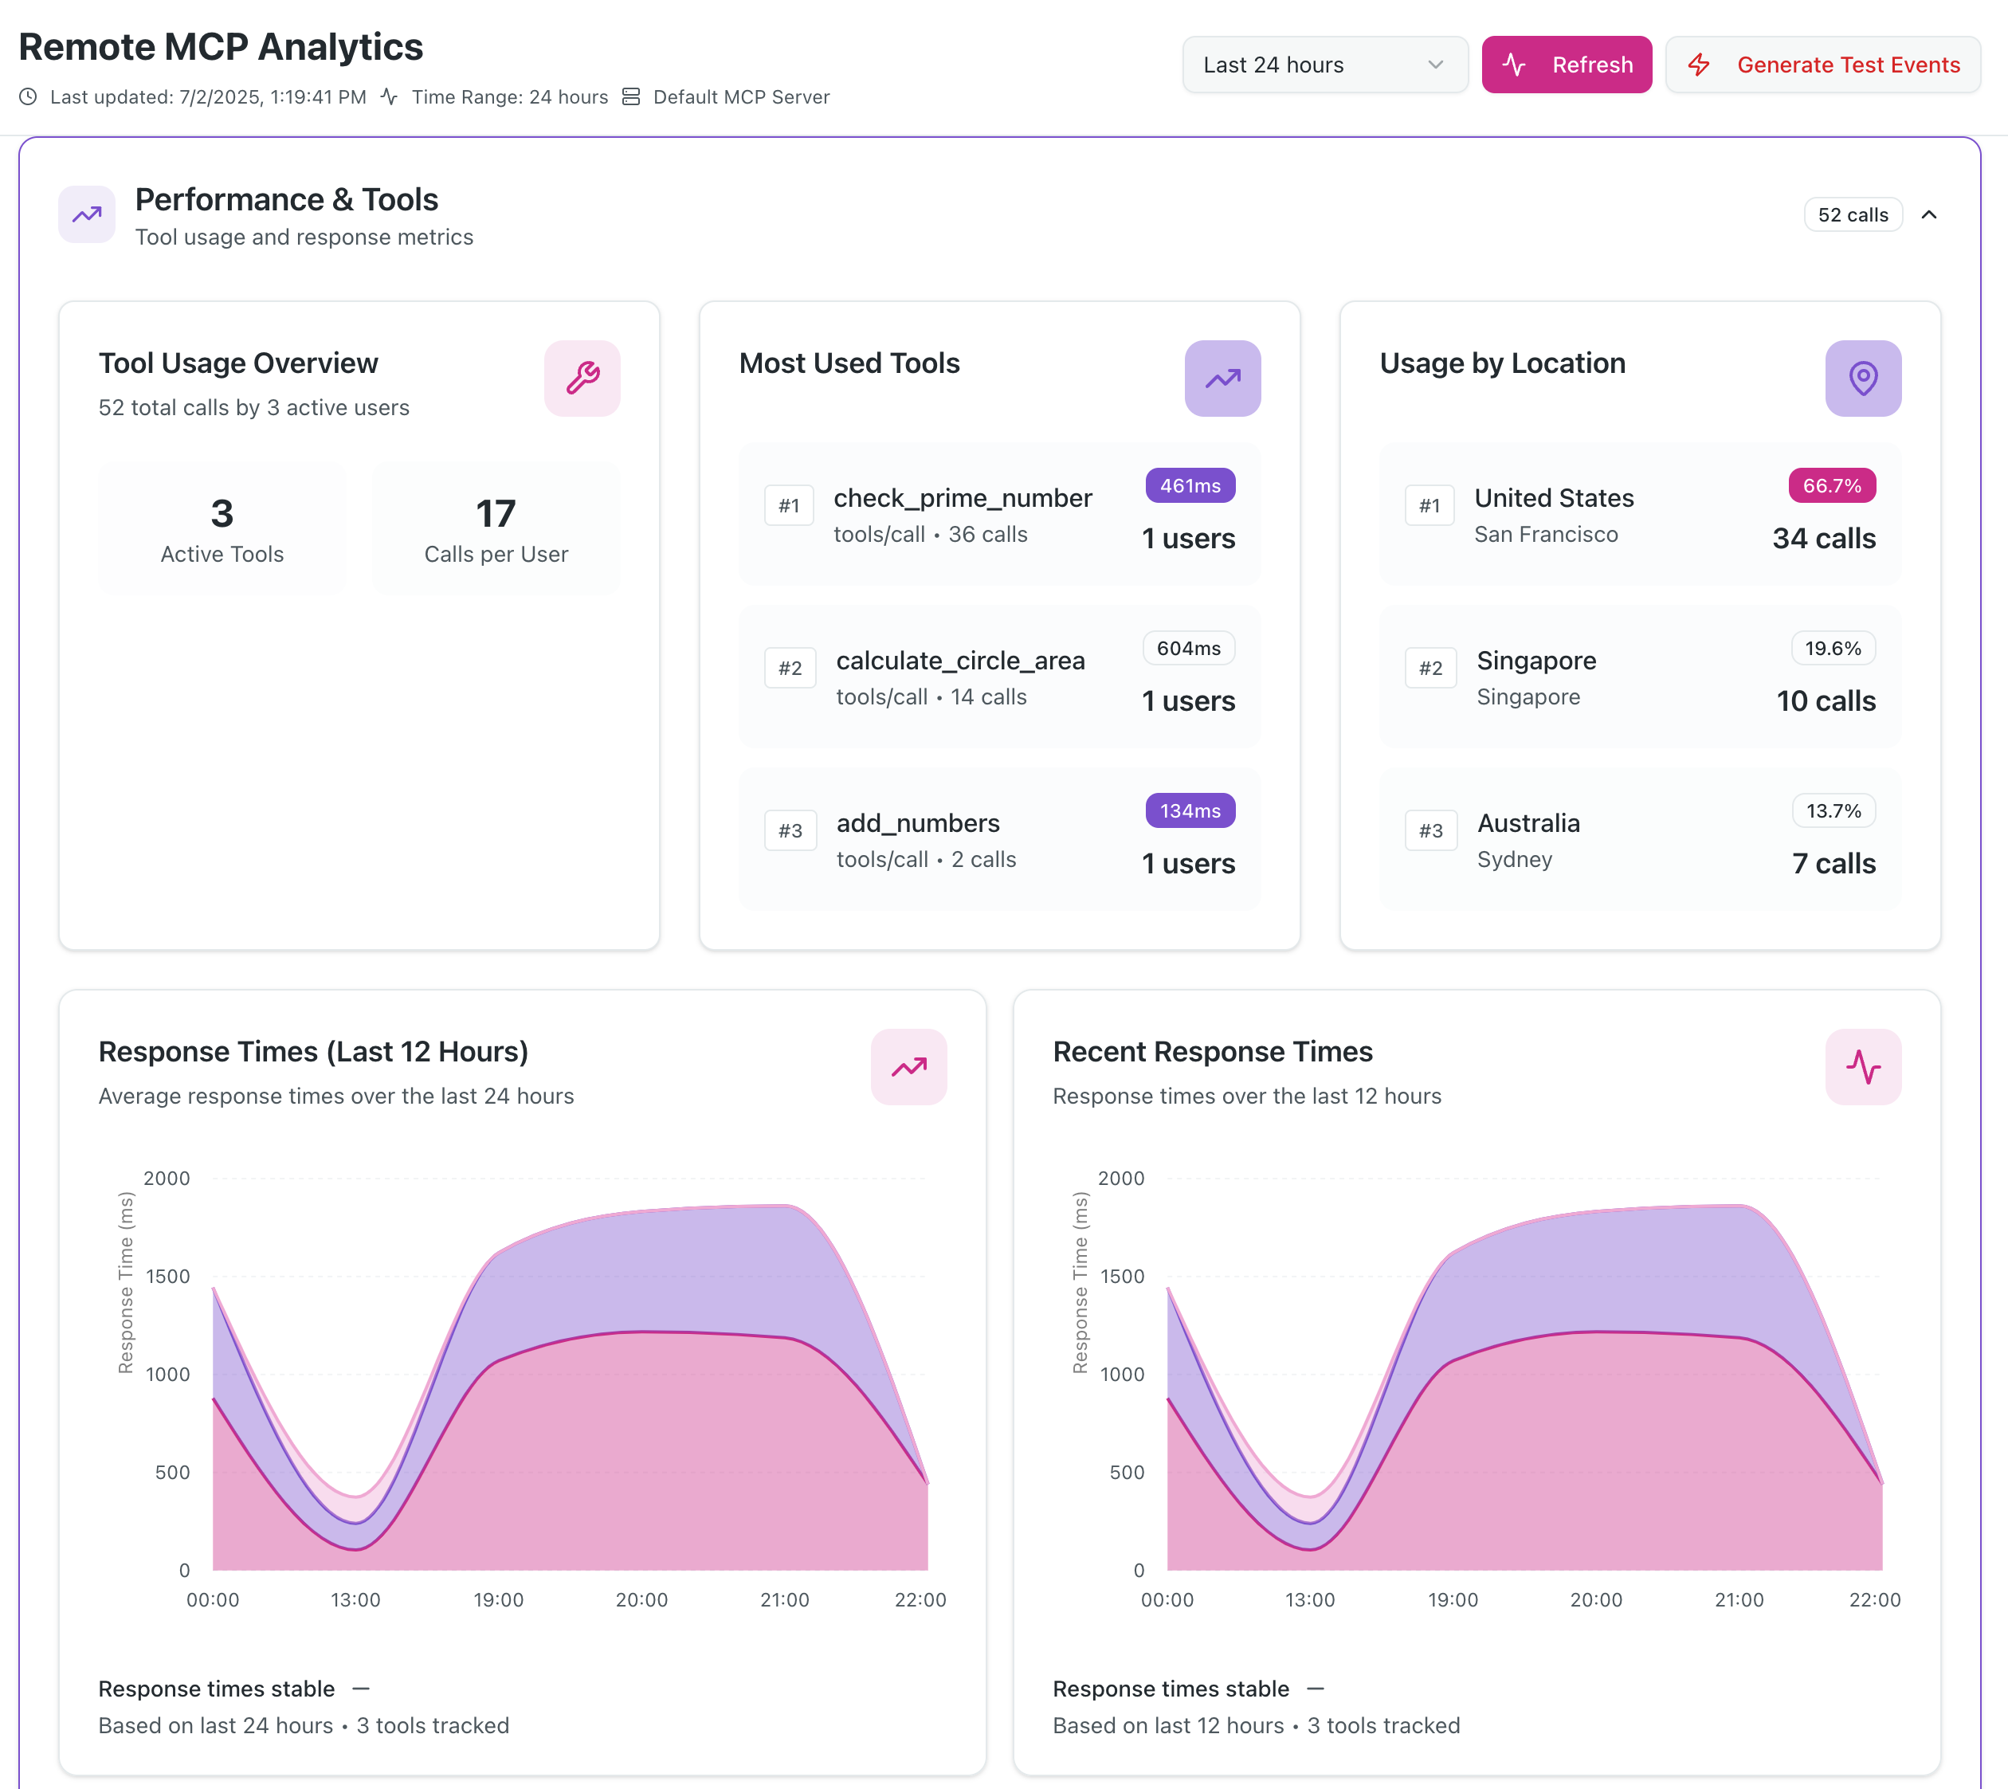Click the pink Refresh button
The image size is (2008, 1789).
(x=1566, y=65)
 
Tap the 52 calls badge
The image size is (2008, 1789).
(x=1853, y=215)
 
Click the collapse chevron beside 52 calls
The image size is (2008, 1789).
(x=1928, y=215)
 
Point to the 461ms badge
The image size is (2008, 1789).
(x=1190, y=485)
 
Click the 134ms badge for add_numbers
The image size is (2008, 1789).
(x=1190, y=811)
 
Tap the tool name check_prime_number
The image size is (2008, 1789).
(x=963, y=498)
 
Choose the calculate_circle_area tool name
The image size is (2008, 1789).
(x=960, y=661)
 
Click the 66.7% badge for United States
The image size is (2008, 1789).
(x=1832, y=485)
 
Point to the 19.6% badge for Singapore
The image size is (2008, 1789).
(x=1833, y=649)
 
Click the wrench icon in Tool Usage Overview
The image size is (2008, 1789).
(x=582, y=379)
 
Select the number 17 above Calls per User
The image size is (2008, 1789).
(x=496, y=513)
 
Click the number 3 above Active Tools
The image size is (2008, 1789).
(x=222, y=513)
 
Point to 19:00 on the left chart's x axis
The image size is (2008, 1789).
(x=498, y=1600)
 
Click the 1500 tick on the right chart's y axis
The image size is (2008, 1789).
(x=1121, y=1277)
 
